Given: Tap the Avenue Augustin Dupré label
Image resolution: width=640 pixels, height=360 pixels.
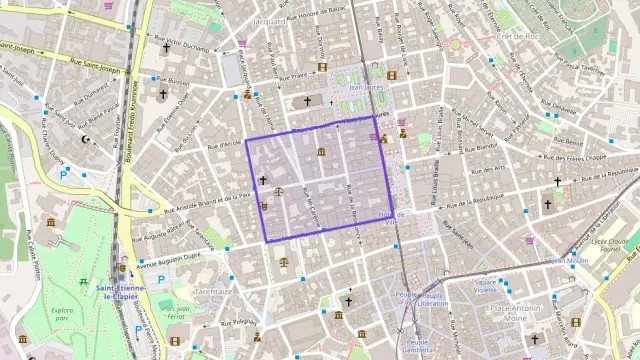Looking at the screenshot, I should click(168, 256).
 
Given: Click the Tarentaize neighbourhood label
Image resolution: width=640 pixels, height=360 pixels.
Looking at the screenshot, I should click(214, 291).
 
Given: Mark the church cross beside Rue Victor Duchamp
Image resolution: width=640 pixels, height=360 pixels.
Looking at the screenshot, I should click(167, 47).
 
